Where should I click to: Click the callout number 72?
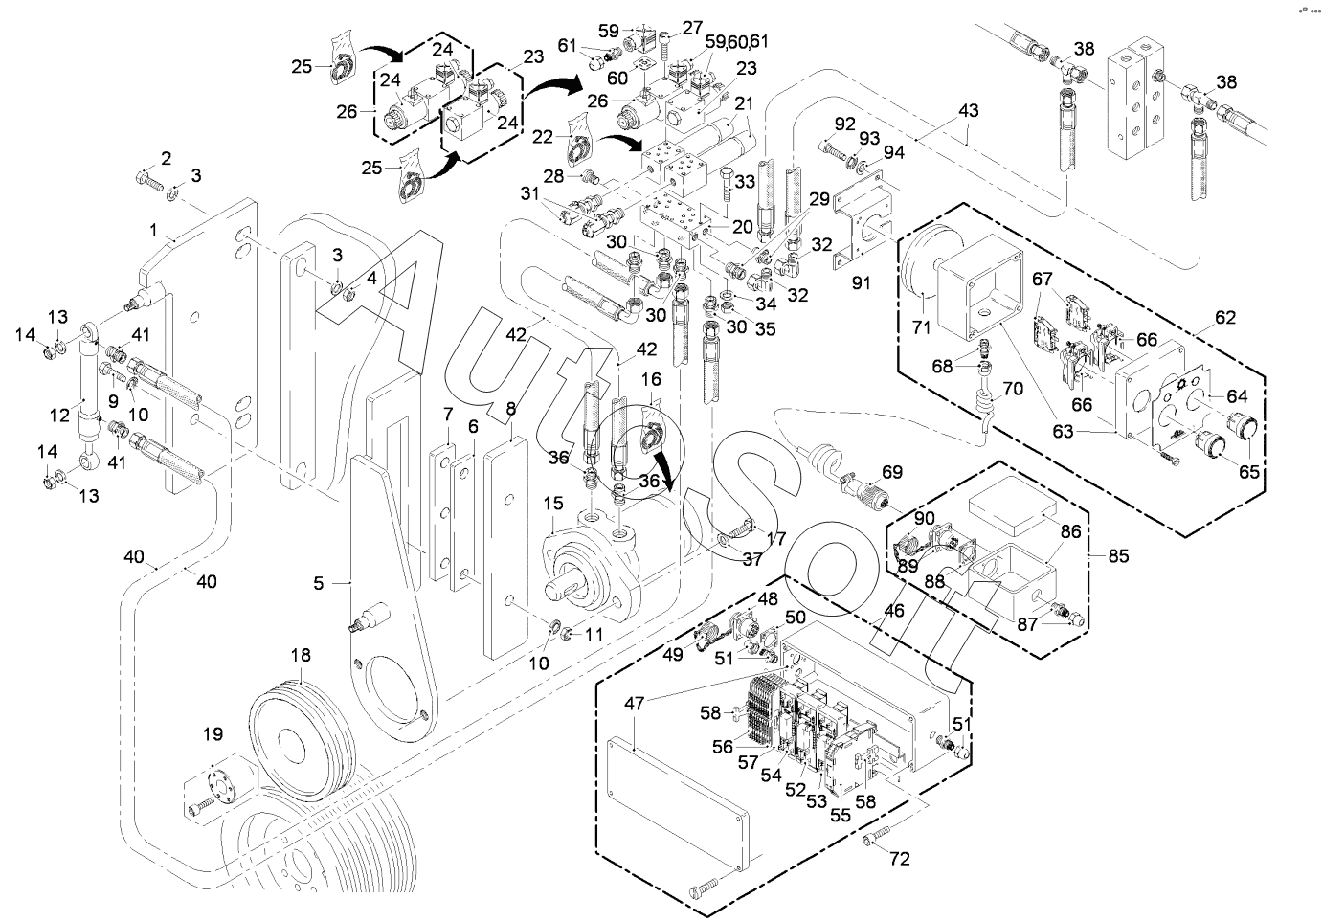(x=899, y=859)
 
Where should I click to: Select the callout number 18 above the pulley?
(x=301, y=656)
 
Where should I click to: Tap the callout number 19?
(x=213, y=735)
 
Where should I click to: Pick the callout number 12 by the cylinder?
(x=59, y=416)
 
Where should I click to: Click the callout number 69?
(x=892, y=471)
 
